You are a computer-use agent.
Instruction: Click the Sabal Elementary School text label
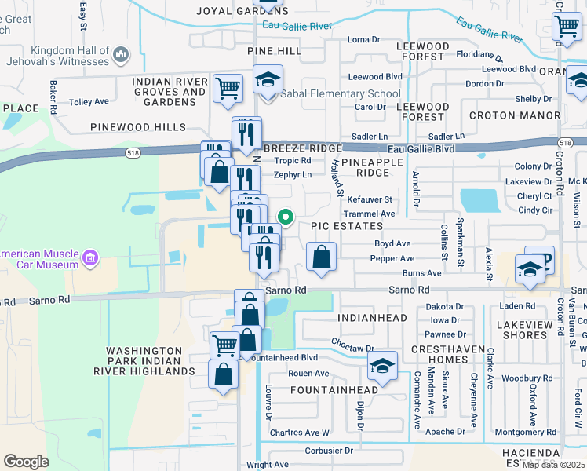pos(341,94)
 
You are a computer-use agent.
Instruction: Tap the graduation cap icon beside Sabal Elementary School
pos(268,81)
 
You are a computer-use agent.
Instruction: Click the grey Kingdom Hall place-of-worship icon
pos(120,54)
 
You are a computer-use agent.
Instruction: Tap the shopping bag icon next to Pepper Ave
pos(321,257)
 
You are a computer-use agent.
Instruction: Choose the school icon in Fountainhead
pos(382,367)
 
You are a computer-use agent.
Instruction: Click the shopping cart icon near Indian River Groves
pos(228,88)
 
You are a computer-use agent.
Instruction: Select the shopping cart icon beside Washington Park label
pos(225,344)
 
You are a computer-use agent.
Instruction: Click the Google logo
pos(26,461)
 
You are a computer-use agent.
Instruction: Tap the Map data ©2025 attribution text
pos(553,465)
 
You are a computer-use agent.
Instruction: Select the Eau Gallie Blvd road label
pos(421,148)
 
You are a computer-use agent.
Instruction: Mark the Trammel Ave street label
pos(370,214)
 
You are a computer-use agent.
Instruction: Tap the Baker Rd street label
pos(53,96)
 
